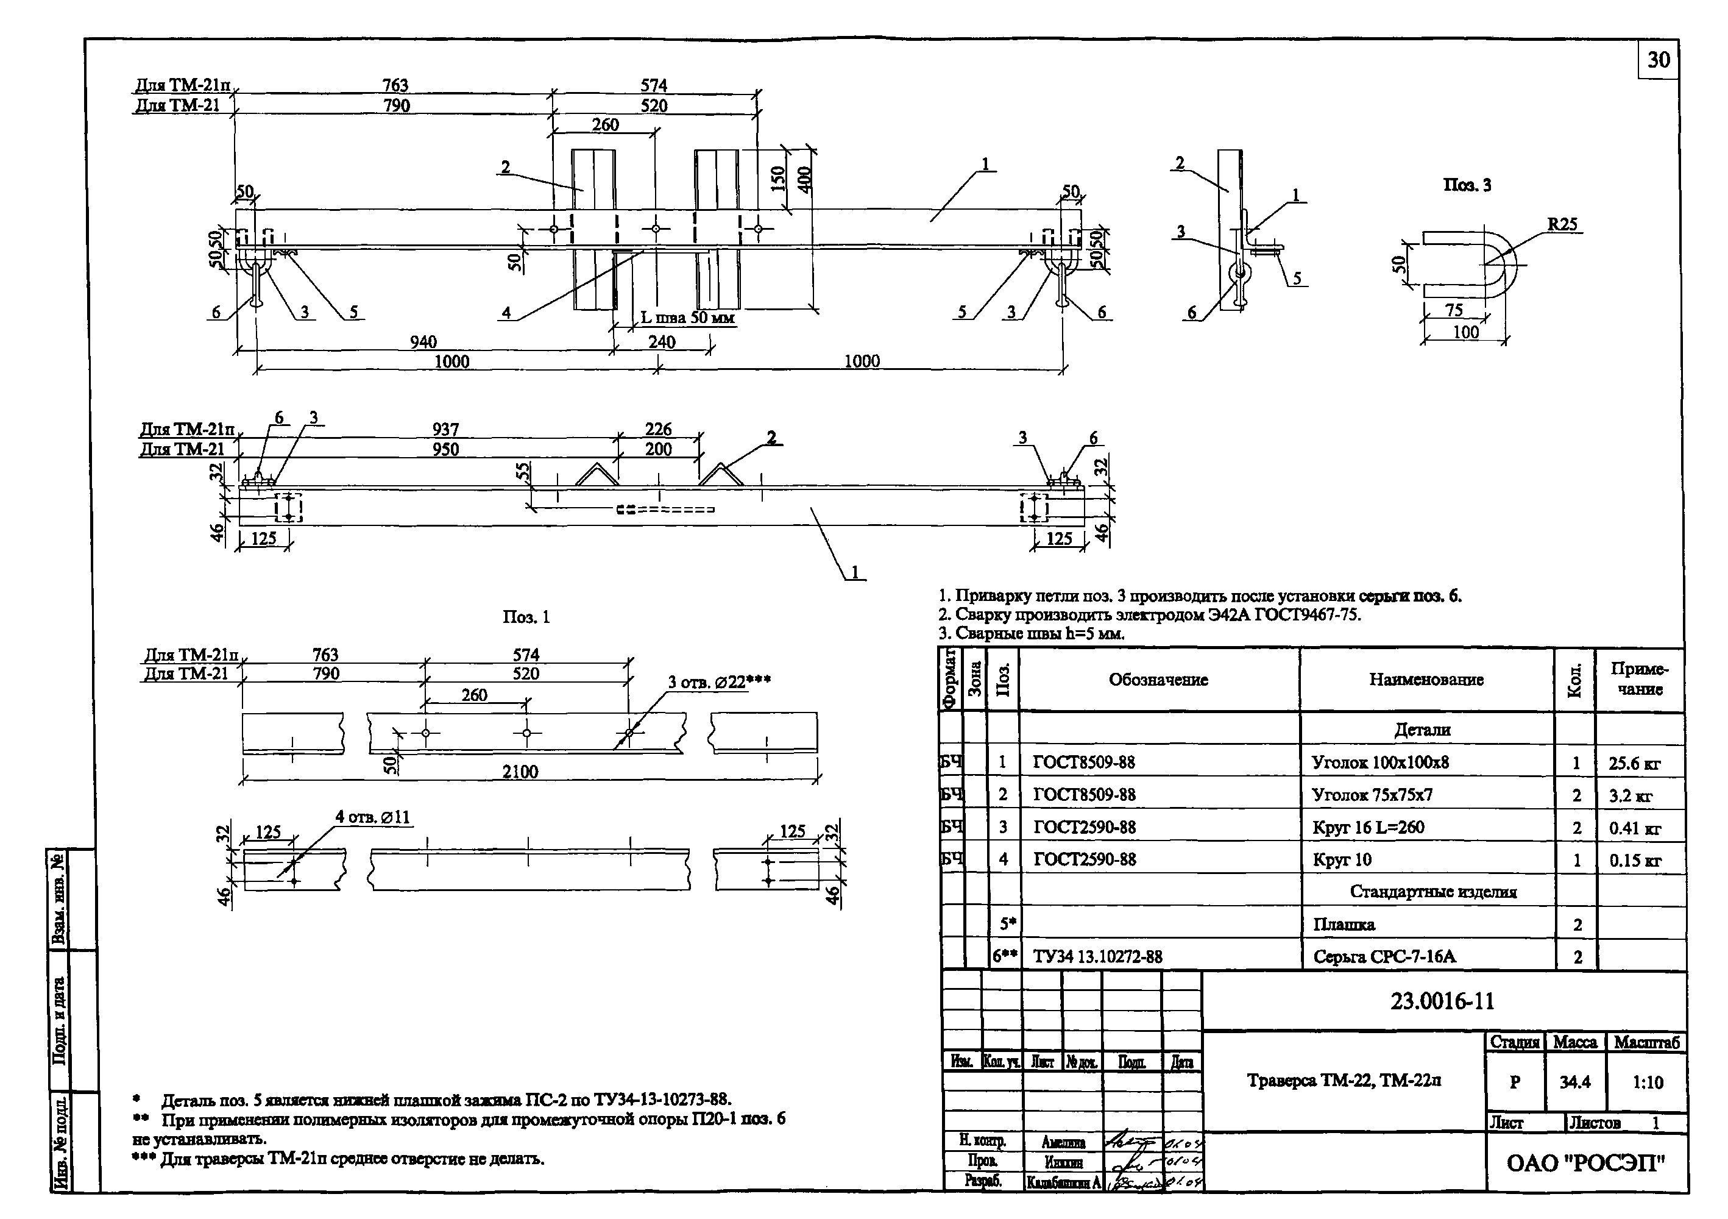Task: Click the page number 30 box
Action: click(1658, 60)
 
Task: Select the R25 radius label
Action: click(1562, 224)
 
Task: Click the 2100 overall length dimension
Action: click(520, 771)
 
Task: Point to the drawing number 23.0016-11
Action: click(1442, 1001)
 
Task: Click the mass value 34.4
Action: click(1574, 1082)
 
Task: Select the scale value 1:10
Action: click(1648, 1082)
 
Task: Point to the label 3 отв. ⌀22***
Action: click(719, 682)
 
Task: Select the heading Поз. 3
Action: click(1467, 185)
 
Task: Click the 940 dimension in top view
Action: click(423, 342)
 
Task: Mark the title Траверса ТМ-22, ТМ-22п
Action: click(1344, 1081)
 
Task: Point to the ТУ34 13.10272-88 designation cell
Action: click(1097, 956)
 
